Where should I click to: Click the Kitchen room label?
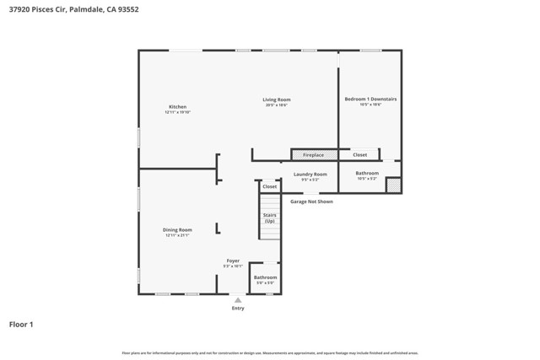pyautogui.click(x=177, y=107)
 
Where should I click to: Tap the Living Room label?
pyautogui.click(x=277, y=100)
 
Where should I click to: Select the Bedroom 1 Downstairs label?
pyautogui.click(x=370, y=99)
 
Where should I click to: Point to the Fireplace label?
pyautogui.click(x=313, y=155)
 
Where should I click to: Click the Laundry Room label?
pyautogui.click(x=310, y=175)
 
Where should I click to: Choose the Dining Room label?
pyautogui.click(x=177, y=230)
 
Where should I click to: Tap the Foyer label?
pyautogui.click(x=233, y=261)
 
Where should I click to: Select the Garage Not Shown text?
pyautogui.click(x=311, y=201)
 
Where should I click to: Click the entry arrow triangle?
pyautogui.click(x=238, y=300)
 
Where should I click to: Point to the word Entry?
pyautogui.click(x=238, y=309)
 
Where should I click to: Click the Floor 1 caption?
pyautogui.click(x=21, y=324)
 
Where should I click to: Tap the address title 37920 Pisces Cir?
pyautogui.click(x=73, y=10)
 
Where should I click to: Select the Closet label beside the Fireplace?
pyautogui.click(x=359, y=155)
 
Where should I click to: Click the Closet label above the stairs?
pyautogui.click(x=269, y=186)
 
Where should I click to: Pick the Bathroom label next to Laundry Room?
pyautogui.click(x=367, y=174)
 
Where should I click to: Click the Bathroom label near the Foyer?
pyautogui.click(x=265, y=277)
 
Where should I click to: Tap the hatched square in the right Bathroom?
pyautogui.click(x=393, y=185)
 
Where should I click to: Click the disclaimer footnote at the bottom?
pyautogui.click(x=269, y=353)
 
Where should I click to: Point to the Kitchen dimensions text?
pyautogui.click(x=177, y=112)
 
